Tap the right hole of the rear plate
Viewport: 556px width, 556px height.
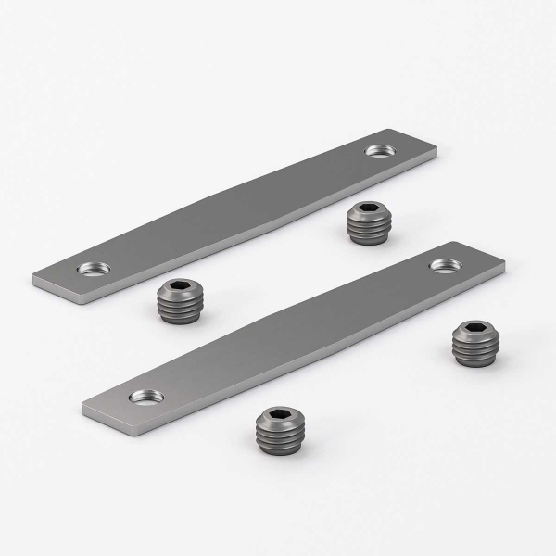pyautogui.click(x=378, y=149)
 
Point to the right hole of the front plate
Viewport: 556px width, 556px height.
pyautogui.click(x=443, y=266)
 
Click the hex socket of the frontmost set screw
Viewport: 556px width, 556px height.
pyautogui.click(x=279, y=414)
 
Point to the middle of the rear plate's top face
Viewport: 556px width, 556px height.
pyautogui.click(x=236, y=208)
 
